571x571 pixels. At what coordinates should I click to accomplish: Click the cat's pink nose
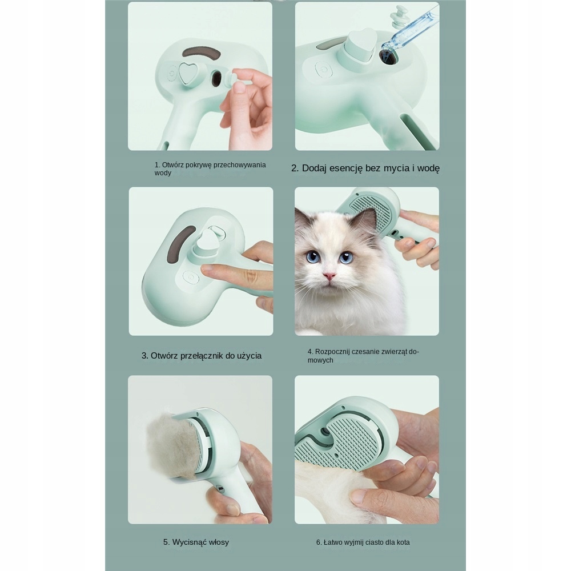coord(329,276)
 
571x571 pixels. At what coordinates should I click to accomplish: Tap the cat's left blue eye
coord(313,257)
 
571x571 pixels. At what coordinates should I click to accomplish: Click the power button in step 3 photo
coord(191,278)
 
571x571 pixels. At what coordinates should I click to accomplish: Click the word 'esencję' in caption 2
coord(345,168)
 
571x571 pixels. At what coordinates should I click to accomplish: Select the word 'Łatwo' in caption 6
coord(332,542)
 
